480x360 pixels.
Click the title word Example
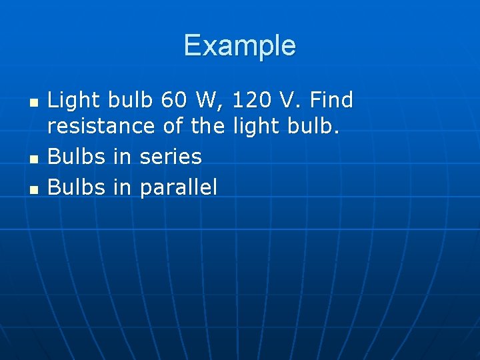click(x=239, y=45)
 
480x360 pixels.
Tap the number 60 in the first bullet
click(x=175, y=101)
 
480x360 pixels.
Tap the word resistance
click(x=102, y=126)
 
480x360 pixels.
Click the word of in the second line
click(x=173, y=126)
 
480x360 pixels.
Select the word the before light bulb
click(x=207, y=126)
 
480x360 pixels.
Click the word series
click(x=170, y=157)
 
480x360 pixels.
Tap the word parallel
click(x=178, y=188)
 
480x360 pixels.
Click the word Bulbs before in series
click(x=77, y=157)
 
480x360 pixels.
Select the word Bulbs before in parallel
click(x=77, y=187)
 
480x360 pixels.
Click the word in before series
click(x=122, y=157)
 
